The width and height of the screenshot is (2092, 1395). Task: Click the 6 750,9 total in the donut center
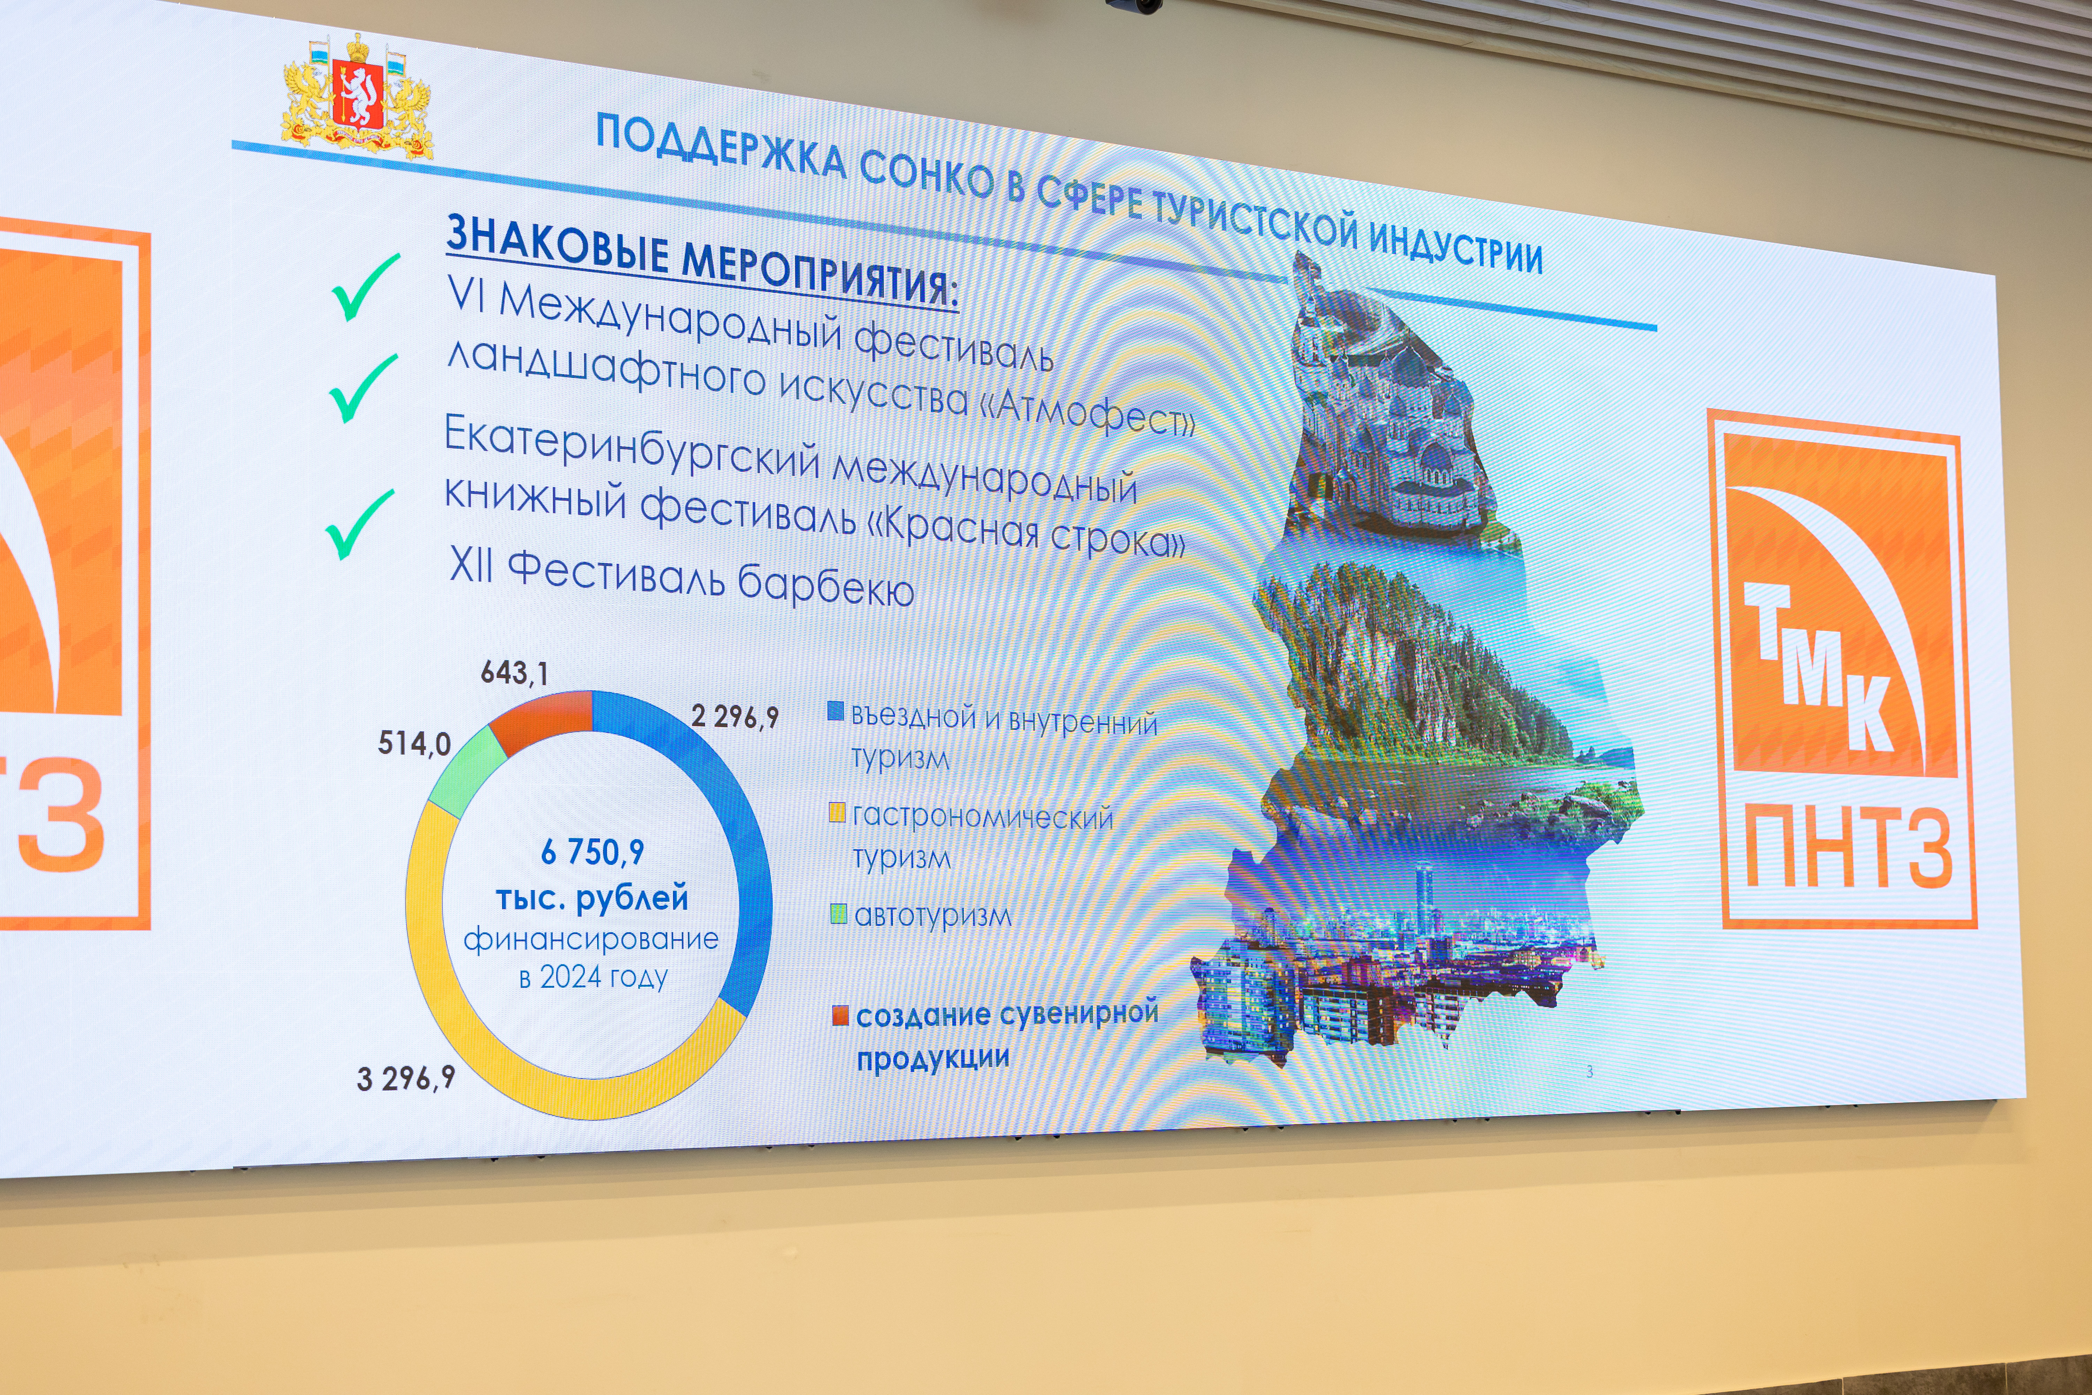(x=592, y=852)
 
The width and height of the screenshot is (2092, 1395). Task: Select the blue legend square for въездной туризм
(x=835, y=711)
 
